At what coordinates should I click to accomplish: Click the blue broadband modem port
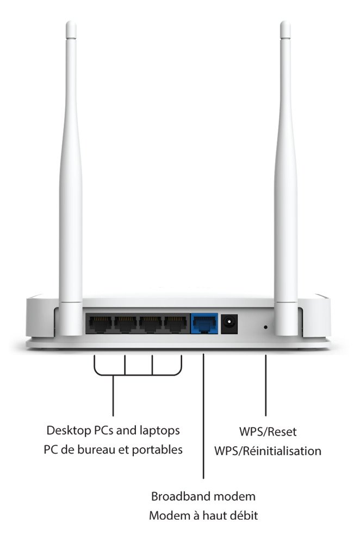tap(204, 324)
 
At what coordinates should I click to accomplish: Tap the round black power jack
tap(230, 324)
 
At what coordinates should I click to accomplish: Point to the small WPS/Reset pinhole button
tap(265, 327)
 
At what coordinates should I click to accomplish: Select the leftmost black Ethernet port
tap(100, 324)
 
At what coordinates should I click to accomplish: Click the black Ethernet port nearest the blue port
tap(175, 324)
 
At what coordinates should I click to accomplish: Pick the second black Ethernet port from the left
tap(125, 324)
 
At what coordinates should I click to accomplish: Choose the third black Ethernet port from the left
tap(151, 324)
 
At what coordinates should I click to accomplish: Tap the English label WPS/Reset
tap(268, 433)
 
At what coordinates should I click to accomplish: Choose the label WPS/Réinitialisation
tap(268, 451)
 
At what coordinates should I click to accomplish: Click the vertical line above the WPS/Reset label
tap(266, 386)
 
